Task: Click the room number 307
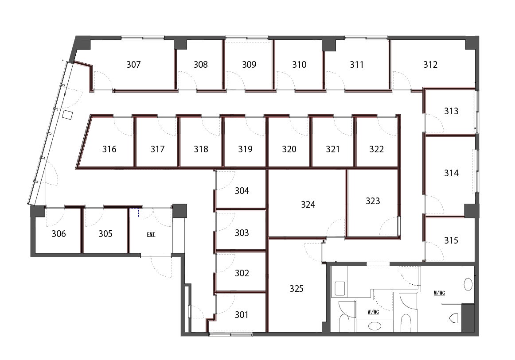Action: pyautogui.click(x=133, y=64)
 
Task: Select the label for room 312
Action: pyautogui.click(x=430, y=64)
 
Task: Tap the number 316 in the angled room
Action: pyautogui.click(x=109, y=149)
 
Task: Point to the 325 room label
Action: pyautogui.click(x=296, y=288)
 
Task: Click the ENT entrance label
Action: pyautogui.click(x=151, y=234)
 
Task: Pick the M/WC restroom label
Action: pyautogui.click(x=439, y=293)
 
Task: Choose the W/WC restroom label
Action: pyautogui.click(x=373, y=312)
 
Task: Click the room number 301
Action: pyautogui.click(x=242, y=315)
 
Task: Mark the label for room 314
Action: pyautogui.click(x=451, y=173)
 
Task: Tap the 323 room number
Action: pyautogui.click(x=373, y=201)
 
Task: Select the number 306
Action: pyautogui.click(x=59, y=234)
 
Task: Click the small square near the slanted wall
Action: pyautogui.click(x=68, y=115)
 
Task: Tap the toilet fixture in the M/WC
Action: pyautogui.click(x=454, y=318)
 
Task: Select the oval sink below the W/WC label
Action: pyautogui.click(x=375, y=326)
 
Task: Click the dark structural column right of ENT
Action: pyautogui.click(x=179, y=211)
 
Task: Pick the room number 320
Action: pyautogui.click(x=289, y=149)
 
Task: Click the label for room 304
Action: pyautogui.click(x=242, y=191)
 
